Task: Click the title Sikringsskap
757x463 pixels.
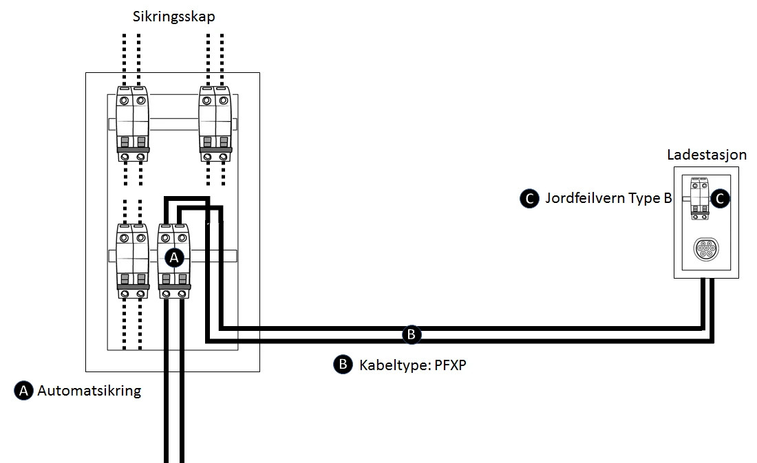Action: [x=174, y=17]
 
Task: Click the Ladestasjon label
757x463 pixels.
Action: [x=707, y=155]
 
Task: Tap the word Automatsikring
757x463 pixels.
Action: [x=89, y=391]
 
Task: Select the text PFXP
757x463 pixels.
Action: [x=451, y=365]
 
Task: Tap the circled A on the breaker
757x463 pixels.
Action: [x=174, y=257]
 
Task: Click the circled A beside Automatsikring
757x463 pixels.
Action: [x=23, y=391]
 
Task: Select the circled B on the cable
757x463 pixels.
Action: [x=412, y=334]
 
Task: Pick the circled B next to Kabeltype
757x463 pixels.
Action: [x=343, y=364]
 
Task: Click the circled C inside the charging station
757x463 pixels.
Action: [x=720, y=198]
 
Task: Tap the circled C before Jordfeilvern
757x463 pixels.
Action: [x=530, y=198]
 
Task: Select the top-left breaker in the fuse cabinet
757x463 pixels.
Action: [x=133, y=124]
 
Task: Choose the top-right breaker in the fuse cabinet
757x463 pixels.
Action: [x=215, y=124]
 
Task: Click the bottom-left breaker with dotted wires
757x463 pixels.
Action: [x=133, y=261]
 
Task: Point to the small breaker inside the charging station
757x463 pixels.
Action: [x=700, y=198]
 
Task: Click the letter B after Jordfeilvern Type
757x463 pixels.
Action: [x=668, y=198]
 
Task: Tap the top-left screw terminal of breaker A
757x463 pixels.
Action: [x=166, y=237]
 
